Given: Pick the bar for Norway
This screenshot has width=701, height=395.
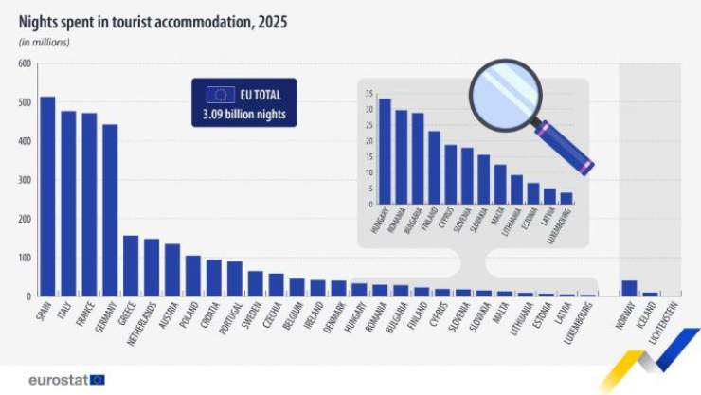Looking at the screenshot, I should click(629, 288).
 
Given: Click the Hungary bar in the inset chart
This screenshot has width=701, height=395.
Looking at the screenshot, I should click(385, 151).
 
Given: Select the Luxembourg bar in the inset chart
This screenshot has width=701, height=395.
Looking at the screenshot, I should click(566, 198).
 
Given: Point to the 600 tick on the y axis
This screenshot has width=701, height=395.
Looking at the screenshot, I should click(23, 63).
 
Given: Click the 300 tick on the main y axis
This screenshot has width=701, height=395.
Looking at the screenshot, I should click(23, 180).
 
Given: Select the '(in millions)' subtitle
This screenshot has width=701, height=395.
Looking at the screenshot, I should click(45, 43).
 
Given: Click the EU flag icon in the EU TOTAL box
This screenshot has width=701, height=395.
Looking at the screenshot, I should click(221, 94).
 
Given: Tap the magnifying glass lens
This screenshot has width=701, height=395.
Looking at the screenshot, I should click(504, 92).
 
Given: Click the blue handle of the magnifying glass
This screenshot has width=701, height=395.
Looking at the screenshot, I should click(567, 150).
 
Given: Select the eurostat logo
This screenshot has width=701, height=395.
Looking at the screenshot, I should click(66, 379).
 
